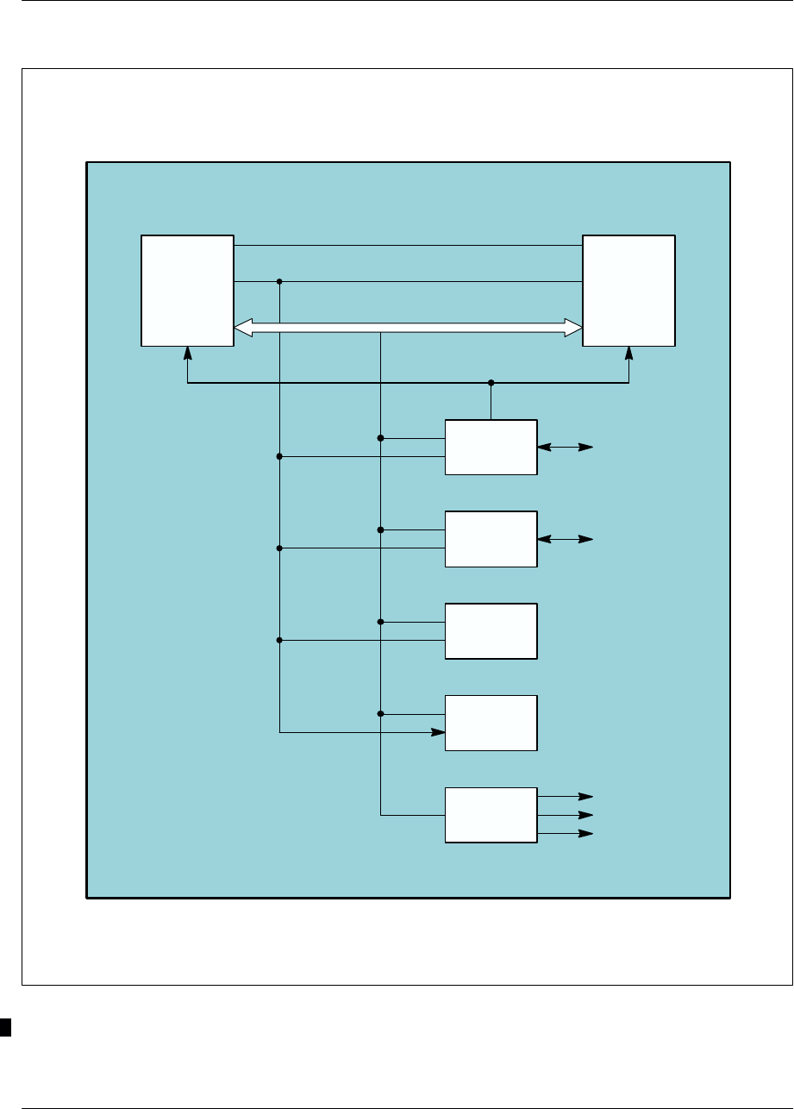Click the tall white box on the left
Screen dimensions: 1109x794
tap(187, 290)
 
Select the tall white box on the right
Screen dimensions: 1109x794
tap(628, 290)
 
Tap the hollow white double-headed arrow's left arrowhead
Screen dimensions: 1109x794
tap(243, 327)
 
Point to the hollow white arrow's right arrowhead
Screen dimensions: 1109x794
tap(573, 327)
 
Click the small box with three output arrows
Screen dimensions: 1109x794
tap(491, 815)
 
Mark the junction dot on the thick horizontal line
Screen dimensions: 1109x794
tap(491, 382)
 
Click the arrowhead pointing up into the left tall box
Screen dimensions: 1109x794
tap(188, 353)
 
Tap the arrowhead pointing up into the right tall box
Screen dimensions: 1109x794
tap(628, 353)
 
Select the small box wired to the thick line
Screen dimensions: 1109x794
tap(491, 447)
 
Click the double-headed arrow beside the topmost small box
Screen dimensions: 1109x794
tap(565, 448)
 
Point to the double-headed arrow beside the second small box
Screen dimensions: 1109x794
tap(565, 539)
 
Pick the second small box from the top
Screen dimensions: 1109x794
tap(491, 539)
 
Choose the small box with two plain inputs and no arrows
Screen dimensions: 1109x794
tap(491, 631)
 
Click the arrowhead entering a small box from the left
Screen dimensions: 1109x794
tap(439, 733)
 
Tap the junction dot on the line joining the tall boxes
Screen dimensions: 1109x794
tap(279, 281)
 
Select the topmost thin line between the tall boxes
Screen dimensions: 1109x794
tap(408, 246)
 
